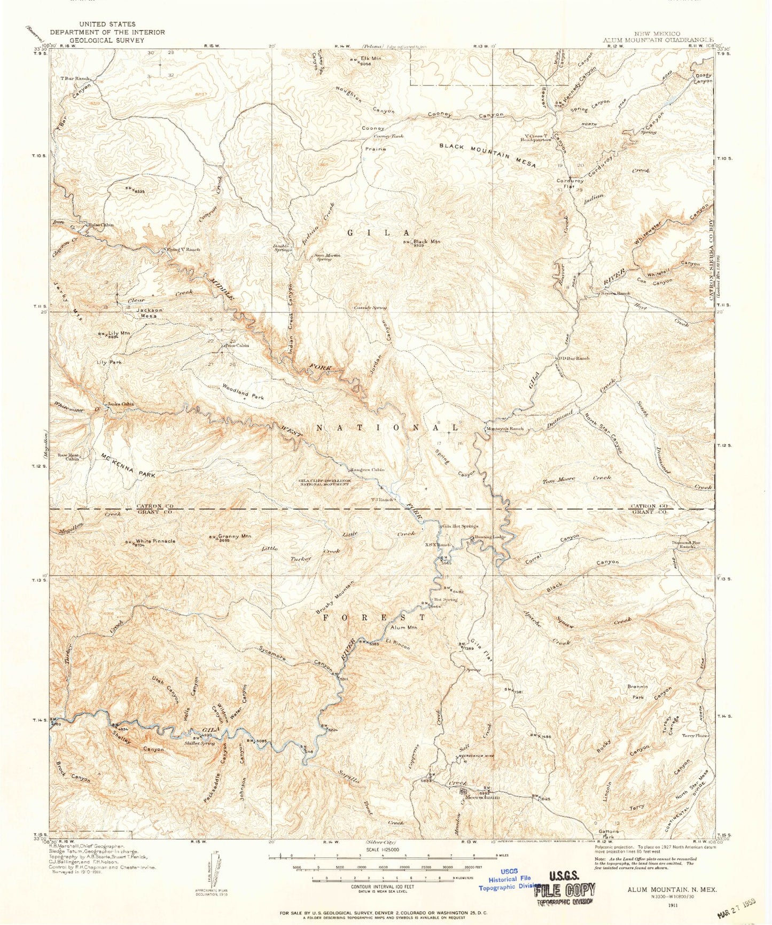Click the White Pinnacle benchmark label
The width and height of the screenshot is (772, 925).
pyautogui.click(x=155, y=541)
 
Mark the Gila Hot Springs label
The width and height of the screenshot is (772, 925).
pyautogui.click(x=456, y=526)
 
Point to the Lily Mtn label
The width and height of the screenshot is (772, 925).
pyautogui.click(x=119, y=333)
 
